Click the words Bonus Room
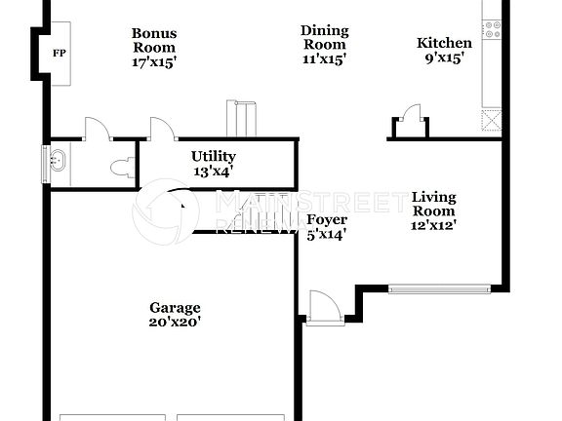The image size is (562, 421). [154, 40]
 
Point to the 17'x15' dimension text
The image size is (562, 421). [154, 61]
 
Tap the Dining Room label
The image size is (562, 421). [325, 38]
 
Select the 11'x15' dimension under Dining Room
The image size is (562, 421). [325, 58]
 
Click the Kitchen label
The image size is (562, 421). [444, 43]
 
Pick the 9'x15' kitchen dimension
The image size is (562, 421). [444, 57]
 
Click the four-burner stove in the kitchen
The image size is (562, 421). [492, 28]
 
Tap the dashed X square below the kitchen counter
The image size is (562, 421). [491, 120]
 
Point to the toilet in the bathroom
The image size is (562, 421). [121, 168]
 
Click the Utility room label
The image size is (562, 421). [213, 156]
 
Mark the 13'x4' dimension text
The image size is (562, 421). [213, 171]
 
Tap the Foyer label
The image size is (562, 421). [326, 219]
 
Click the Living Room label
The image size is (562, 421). [434, 204]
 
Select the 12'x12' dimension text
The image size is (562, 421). [434, 225]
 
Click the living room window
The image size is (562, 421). [439, 288]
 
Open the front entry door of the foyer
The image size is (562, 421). [323, 308]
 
